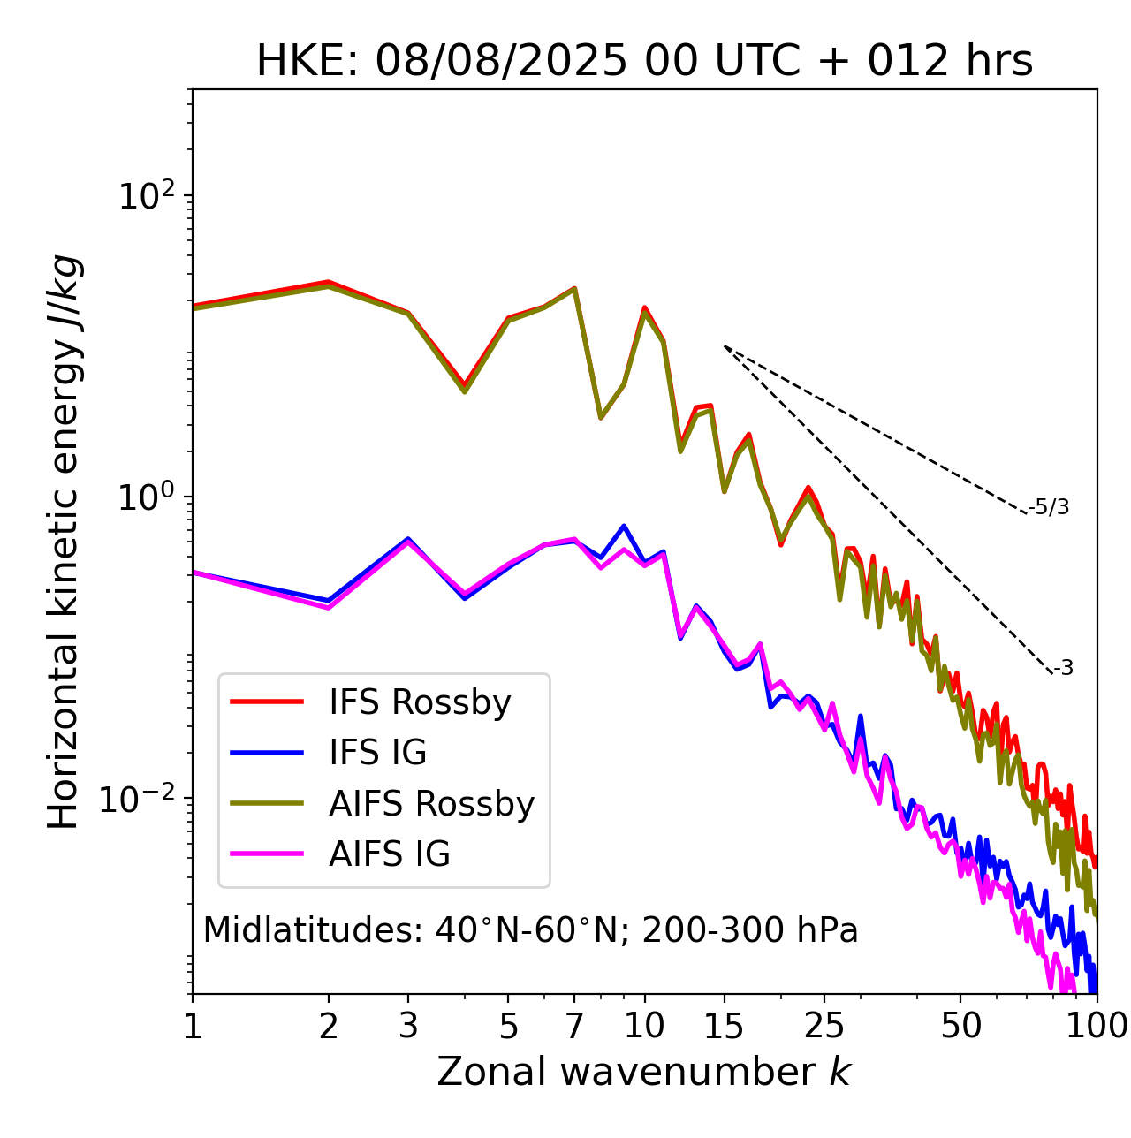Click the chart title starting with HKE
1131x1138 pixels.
pos(644,62)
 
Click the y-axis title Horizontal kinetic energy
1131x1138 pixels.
pos(65,542)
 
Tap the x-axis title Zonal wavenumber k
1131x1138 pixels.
pos(644,1071)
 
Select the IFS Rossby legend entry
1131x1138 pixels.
pos(420,702)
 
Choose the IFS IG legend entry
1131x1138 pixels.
pos(377,753)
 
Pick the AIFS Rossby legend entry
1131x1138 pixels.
pos(431,804)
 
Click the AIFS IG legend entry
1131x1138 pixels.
pos(389,854)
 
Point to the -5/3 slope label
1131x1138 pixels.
pos(1049,507)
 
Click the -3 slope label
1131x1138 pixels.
pos(1063,668)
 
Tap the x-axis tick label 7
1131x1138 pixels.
pos(574,1026)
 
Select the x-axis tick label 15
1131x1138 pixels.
pos(725,1026)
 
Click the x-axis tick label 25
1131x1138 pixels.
pos(824,1026)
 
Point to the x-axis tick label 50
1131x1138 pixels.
pos(960,1026)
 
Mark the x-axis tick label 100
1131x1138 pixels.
pos(1097,1026)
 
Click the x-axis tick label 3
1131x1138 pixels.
pos(408,1026)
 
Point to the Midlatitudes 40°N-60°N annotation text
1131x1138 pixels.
pos(530,930)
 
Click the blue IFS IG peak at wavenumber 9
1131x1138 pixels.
pos(624,526)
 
